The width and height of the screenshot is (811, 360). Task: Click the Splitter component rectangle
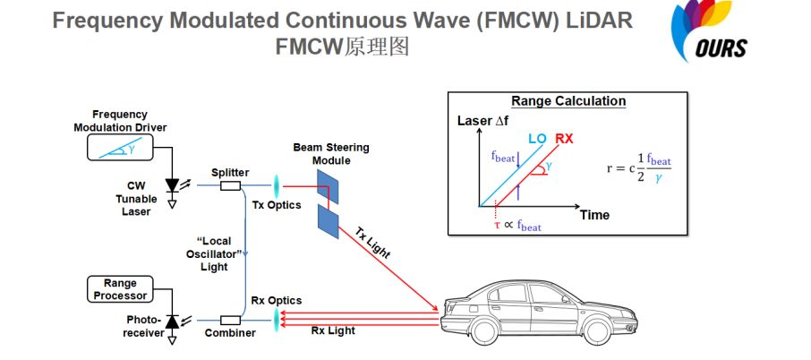(x=230, y=186)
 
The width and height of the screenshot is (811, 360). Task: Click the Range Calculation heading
(x=568, y=101)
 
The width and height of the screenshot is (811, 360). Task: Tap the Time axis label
(x=594, y=215)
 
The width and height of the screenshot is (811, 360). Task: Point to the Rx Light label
(x=332, y=330)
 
